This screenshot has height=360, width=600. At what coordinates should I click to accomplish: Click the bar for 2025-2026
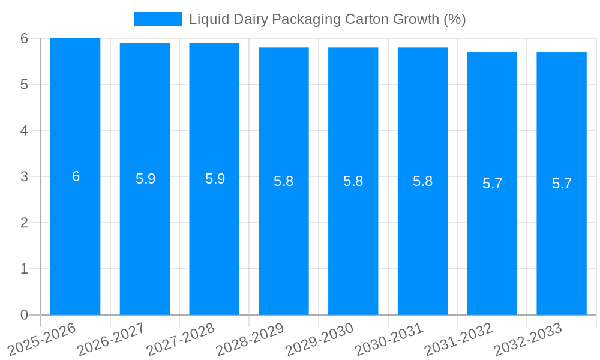tap(75, 240)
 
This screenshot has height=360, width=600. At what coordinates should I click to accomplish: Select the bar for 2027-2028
tap(214, 240)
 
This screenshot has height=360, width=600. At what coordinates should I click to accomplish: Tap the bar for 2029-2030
tap(353, 240)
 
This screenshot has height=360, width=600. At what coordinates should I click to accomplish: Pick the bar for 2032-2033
tap(562, 240)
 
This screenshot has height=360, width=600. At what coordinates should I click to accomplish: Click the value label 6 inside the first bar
tap(76, 176)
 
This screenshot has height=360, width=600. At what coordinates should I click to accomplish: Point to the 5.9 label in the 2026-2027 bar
tap(145, 179)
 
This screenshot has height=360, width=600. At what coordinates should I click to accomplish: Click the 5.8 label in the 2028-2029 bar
tap(283, 181)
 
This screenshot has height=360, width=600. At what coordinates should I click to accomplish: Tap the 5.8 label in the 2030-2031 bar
tap(422, 181)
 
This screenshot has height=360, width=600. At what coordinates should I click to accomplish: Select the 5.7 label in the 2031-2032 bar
tap(492, 184)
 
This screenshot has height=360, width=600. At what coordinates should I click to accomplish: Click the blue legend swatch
tap(157, 19)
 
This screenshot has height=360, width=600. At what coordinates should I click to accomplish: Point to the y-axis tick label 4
tap(25, 131)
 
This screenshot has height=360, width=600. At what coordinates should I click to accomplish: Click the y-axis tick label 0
tap(25, 315)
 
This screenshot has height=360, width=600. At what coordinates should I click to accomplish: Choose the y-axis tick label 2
tap(25, 223)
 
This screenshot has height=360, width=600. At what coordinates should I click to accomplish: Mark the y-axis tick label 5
tap(25, 85)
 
